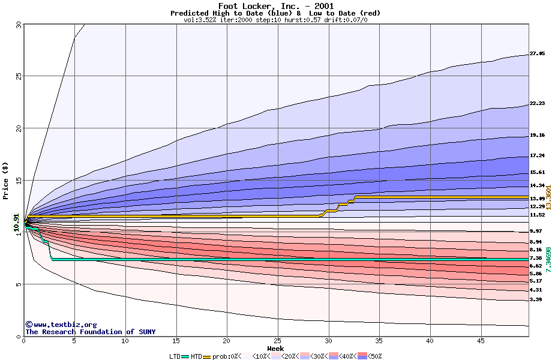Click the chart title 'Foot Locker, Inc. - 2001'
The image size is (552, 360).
(275, 6)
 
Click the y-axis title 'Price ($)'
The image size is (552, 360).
(6, 180)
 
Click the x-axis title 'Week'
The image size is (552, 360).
(275, 348)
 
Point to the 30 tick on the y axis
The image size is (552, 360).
(19, 24)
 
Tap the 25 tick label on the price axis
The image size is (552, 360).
(19, 76)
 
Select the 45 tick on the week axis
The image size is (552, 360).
(481, 341)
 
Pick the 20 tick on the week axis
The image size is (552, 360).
(227, 341)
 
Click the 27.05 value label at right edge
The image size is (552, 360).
(536, 53)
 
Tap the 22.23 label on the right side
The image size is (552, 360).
(536, 103)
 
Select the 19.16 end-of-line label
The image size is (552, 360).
(536, 136)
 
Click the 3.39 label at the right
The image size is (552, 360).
(536, 299)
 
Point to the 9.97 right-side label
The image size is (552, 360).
(536, 231)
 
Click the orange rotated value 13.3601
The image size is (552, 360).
(548, 197)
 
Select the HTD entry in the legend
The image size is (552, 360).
(196, 356)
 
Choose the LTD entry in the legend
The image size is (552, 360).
(175, 356)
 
